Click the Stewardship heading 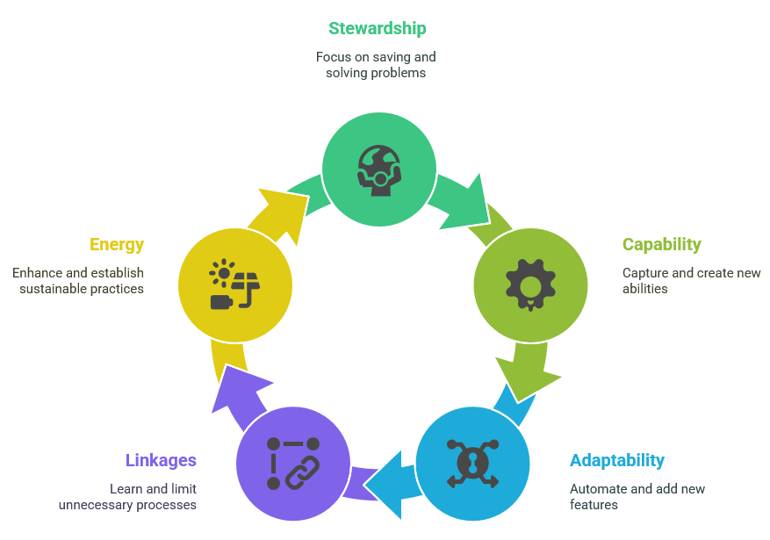[378, 28]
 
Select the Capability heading [661, 245]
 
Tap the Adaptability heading [616, 460]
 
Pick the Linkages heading [161, 460]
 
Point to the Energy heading [117, 245]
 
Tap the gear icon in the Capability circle [530, 284]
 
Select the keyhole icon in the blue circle [472, 463]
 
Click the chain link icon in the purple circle [293, 463]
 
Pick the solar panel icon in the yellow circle [234, 284]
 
